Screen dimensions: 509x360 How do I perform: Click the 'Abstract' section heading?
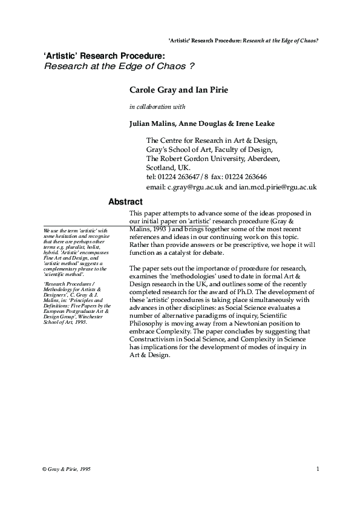click(x=125, y=202)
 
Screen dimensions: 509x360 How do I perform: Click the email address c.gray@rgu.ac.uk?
click(x=195, y=188)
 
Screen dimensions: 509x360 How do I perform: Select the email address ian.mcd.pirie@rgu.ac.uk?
click(x=278, y=188)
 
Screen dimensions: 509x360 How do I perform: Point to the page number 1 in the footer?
click(x=318, y=469)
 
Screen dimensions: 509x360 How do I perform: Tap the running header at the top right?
click(x=243, y=41)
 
